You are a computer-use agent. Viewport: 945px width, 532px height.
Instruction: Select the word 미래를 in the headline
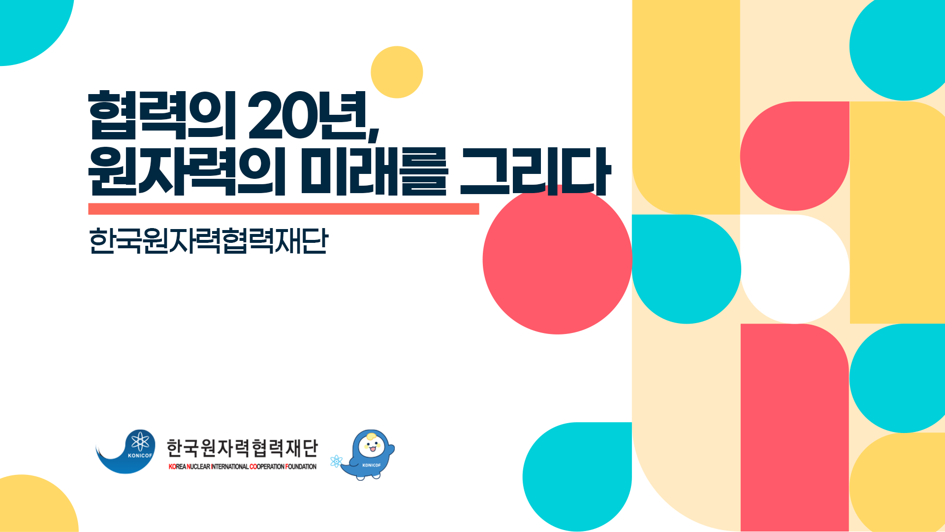[x=374, y=171]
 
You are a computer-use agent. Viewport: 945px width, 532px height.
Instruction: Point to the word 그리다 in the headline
[x=535, y=171]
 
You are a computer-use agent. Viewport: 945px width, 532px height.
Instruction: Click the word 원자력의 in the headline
[x=187, y=171]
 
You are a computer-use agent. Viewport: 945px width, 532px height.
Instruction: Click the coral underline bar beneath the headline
[x=283, y=209]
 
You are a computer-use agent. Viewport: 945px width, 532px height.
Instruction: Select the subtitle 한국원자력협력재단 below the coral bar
[x=208, y=241]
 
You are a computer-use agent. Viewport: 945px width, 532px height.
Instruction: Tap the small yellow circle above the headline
[x=397, y=72]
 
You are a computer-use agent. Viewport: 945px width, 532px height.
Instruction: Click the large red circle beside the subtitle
[x=557, y=260]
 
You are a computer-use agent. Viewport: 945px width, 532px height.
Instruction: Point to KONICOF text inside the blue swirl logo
[x=140, y=456]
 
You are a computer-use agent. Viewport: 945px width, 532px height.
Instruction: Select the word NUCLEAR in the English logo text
[x=198, y=466]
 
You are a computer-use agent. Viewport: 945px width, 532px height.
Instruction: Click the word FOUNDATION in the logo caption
[x=301, y=466]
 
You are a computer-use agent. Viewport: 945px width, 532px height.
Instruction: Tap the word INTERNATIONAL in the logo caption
[x=229, y=466]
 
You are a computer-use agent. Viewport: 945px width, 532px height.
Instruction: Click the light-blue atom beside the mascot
[x=336, y=462]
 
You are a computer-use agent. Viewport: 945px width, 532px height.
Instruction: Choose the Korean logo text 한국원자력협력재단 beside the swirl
[x=242, y=448]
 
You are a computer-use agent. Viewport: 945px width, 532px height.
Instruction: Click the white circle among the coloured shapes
[x=795, y=269]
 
